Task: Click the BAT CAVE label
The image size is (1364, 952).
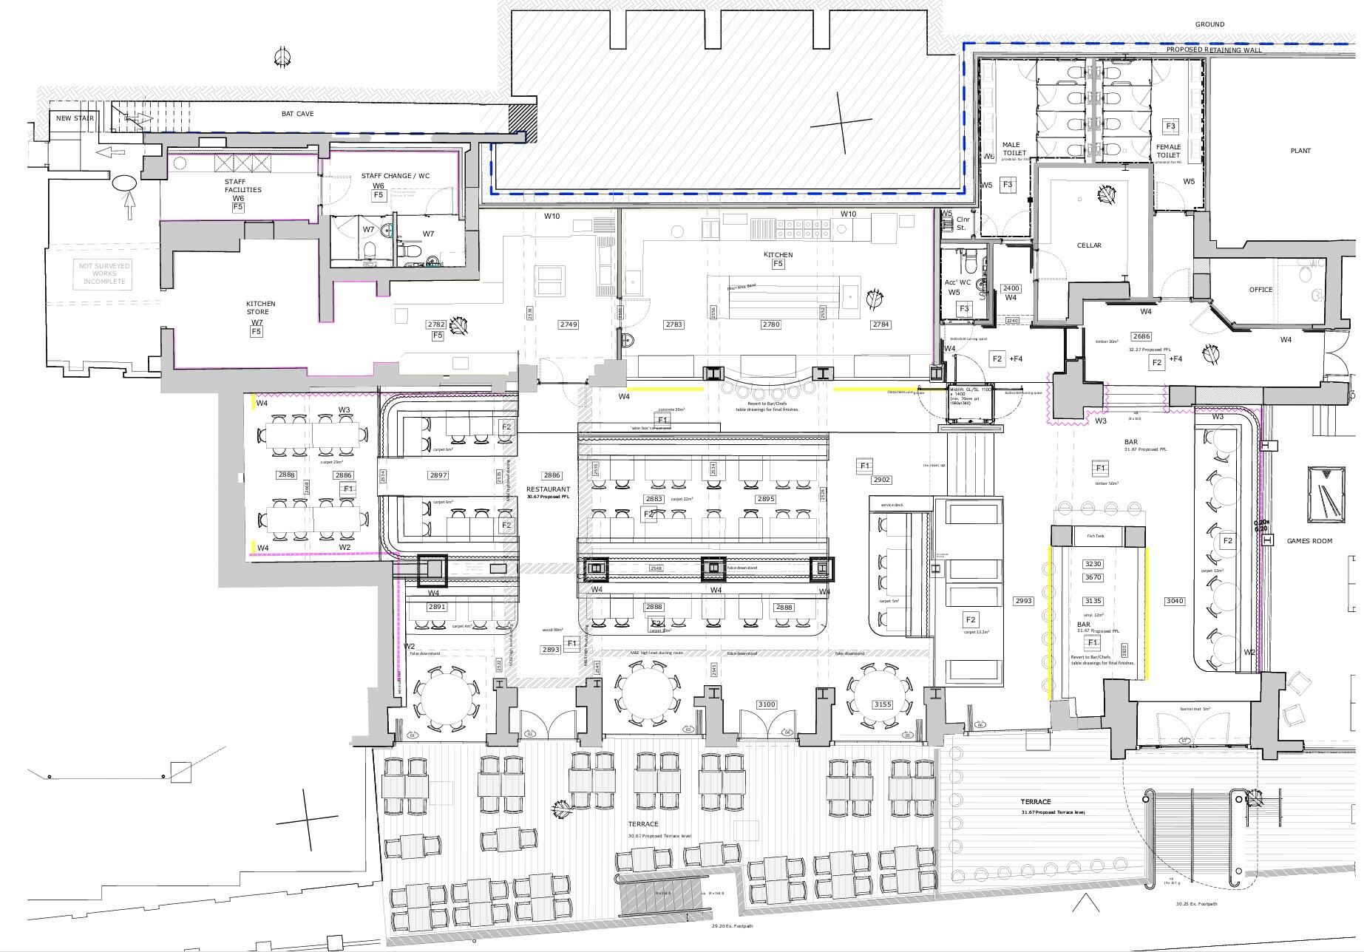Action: pyautogui.click(x=297, y=114)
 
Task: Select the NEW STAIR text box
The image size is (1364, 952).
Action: pyautogui.click(x=75, y=118)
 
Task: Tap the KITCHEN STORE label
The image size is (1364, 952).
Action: pyautogui.click(x=260, y=307)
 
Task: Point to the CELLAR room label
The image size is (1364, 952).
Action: pyautogui.click(x=1088, y=245)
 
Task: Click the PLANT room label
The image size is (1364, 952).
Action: pyautogui.click(x=1300, y=151)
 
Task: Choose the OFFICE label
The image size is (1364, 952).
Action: pyautogui.click(x=1260, y=290)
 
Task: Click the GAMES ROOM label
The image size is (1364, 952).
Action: pyautogui.click(x=1309, y=541)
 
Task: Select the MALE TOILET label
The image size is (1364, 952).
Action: pyautogui.click(x=1011, y=149)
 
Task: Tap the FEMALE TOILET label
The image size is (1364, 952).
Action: pyautogui.click(x=1168, y=151)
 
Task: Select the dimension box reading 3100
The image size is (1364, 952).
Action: pyautogui.click(x=767, y=704)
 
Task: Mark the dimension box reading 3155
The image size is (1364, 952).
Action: pyautogui.click(x=883, y=704)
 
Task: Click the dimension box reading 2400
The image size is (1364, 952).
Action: pyautogui.click(x=1010, y=289)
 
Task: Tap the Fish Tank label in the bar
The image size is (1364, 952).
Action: pyautogui.click(x=1095, y=536)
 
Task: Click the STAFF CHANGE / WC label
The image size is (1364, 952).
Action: pyautogui.click(x=395, y=176)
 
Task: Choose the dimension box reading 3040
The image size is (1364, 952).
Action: pyautogui.click(x=1174, y=601)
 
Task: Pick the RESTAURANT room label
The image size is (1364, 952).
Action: pyautogui.click(x=548, y=489)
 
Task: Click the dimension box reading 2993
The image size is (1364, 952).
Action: pyautogui.click(x=1022, y=601)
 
